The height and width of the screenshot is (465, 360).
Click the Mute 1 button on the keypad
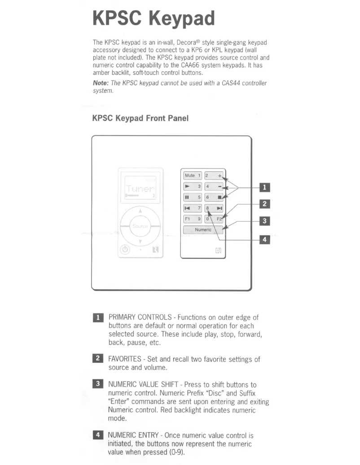[193, 176]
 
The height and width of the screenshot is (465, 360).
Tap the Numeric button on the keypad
[203, 230]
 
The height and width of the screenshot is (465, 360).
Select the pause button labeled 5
[193, 197]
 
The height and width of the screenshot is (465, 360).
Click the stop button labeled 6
[214, 197]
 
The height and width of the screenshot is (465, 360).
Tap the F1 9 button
[193, 219]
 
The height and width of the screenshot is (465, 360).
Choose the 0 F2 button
[214, 219]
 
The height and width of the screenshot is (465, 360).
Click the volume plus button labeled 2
[214, 176]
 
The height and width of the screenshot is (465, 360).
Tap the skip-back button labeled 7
[193, 208]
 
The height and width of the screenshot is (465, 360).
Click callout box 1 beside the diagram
[265, 187]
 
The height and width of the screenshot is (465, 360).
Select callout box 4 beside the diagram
[265, 240]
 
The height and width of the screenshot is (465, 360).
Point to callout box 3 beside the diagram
[265, 221]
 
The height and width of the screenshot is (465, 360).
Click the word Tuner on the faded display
[140, 188]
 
